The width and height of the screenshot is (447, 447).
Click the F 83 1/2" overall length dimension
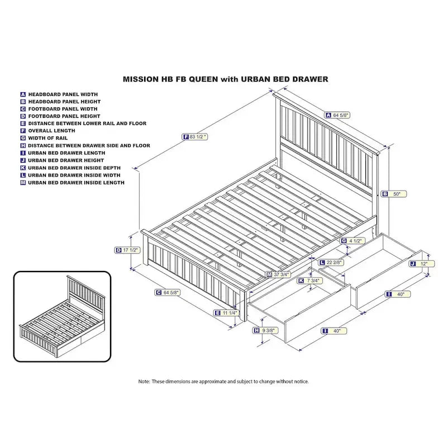pos(195,137)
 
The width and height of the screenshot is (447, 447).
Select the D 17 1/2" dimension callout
pos(127,250)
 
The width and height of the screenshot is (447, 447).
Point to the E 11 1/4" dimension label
pos(227,313)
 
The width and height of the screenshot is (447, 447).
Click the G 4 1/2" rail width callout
pos(353,241)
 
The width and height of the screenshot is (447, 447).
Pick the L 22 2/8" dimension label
pos(331,261)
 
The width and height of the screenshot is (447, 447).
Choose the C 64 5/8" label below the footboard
pos(168,292)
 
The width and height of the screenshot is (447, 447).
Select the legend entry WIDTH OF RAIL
pos(51,138)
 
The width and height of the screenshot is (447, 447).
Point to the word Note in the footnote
pos(144,381)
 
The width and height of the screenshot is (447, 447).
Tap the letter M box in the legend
pos(23,182)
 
